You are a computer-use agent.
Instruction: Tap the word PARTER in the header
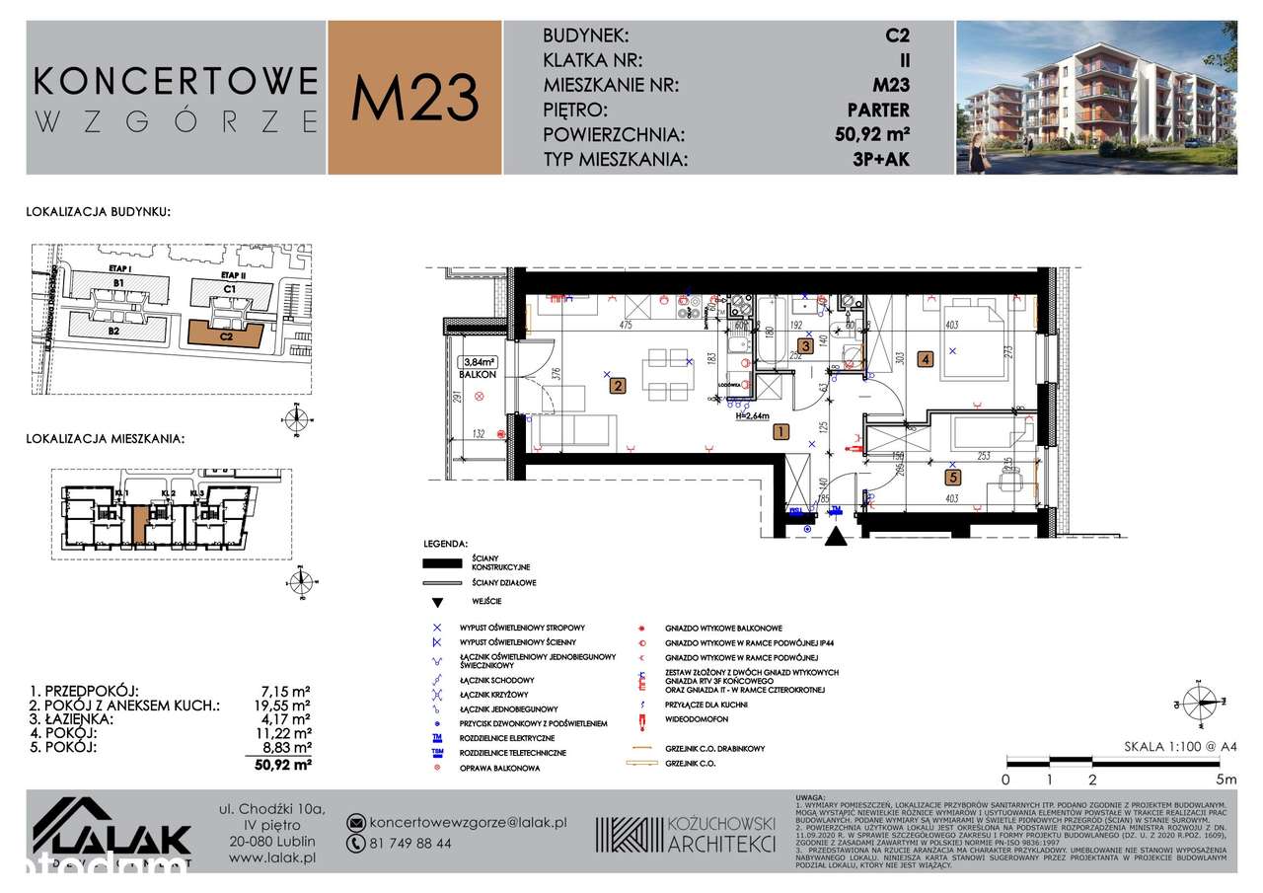coord(877,110)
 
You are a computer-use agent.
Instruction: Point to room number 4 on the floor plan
coord(924,359)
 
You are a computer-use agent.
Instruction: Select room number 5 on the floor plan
coord(952,478)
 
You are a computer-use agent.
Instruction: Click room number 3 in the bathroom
coord(805,345)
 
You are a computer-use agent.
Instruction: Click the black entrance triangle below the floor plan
coord(836,539)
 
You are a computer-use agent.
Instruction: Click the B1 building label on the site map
coord(118,283)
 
